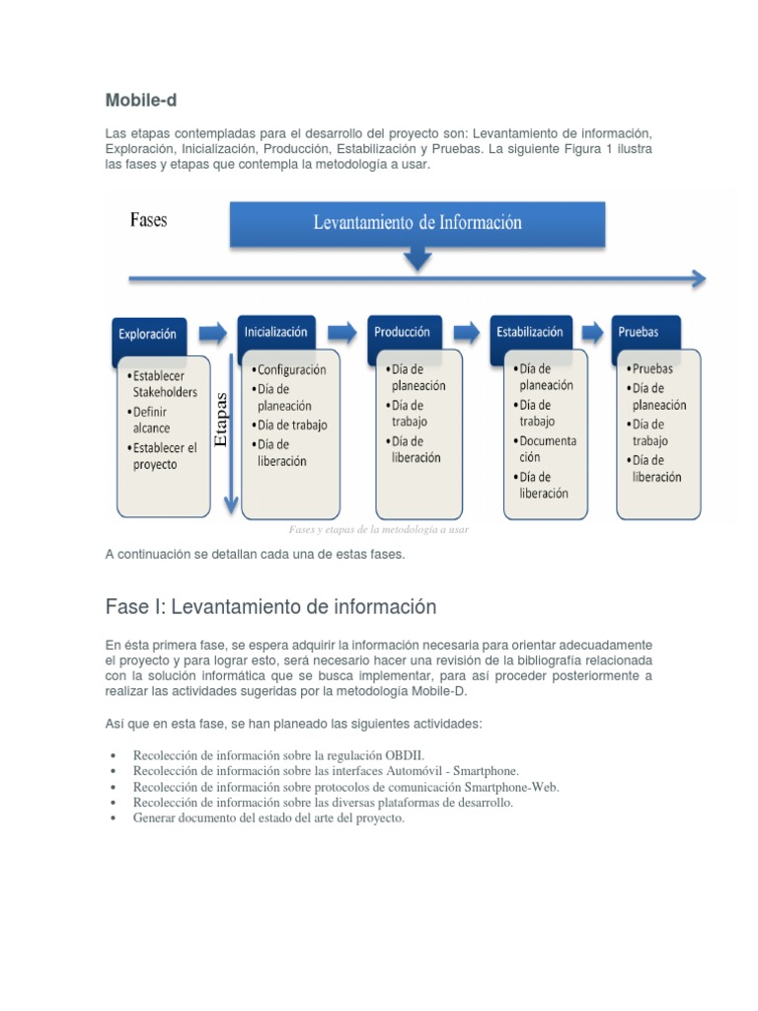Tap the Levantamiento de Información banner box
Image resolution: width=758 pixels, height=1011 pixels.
click(417, 223)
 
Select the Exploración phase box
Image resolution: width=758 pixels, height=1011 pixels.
click(148, 334)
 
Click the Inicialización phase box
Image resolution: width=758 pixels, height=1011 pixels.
click(276, 332)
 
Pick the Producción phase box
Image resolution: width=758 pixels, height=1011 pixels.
click(403, 332)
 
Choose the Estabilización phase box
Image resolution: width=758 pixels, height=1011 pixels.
click(530, 332)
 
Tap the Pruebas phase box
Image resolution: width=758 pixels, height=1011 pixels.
click(639, 332)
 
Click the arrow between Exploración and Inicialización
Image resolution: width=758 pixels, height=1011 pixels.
click(212, 331)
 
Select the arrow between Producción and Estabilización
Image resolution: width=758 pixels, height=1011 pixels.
click(468, 331)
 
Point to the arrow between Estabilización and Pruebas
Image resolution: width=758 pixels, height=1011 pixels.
click(592, 331)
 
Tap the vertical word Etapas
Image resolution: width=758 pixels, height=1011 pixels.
click(221, 418)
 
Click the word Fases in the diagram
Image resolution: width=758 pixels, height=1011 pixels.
click(148, 219)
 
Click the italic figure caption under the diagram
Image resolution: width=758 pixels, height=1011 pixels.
click(378, 529)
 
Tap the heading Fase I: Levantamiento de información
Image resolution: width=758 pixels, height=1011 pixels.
click(270, 606)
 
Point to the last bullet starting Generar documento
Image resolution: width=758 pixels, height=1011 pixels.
click(268, 818)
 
